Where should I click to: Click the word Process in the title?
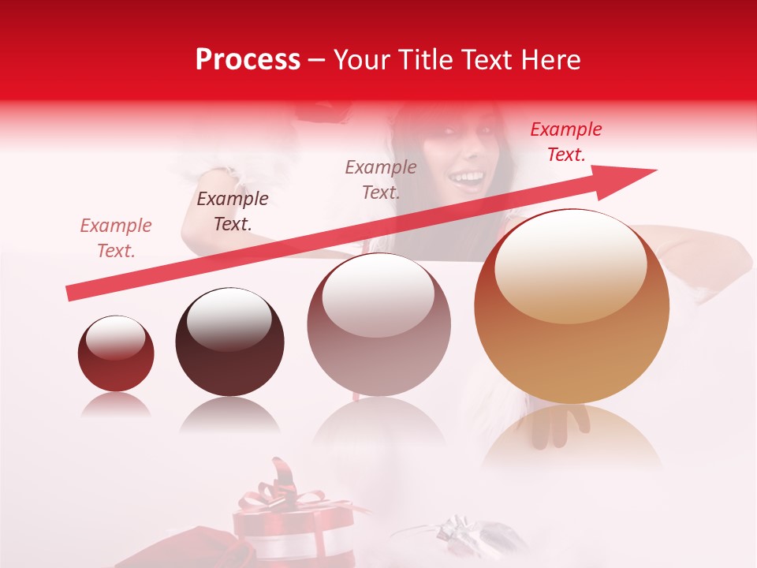click(248, 60)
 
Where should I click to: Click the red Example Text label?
click(566, 142)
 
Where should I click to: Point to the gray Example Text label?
click(381, 179)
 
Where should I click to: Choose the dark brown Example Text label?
click(233, 211)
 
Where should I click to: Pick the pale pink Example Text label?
click(116, 237)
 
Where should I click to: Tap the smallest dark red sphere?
click(116, 353)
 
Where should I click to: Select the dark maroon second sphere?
click(229, 342)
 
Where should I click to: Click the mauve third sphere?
click(378, 324)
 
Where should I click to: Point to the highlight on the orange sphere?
click(570, 267)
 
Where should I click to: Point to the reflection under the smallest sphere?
click(116, 405)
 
